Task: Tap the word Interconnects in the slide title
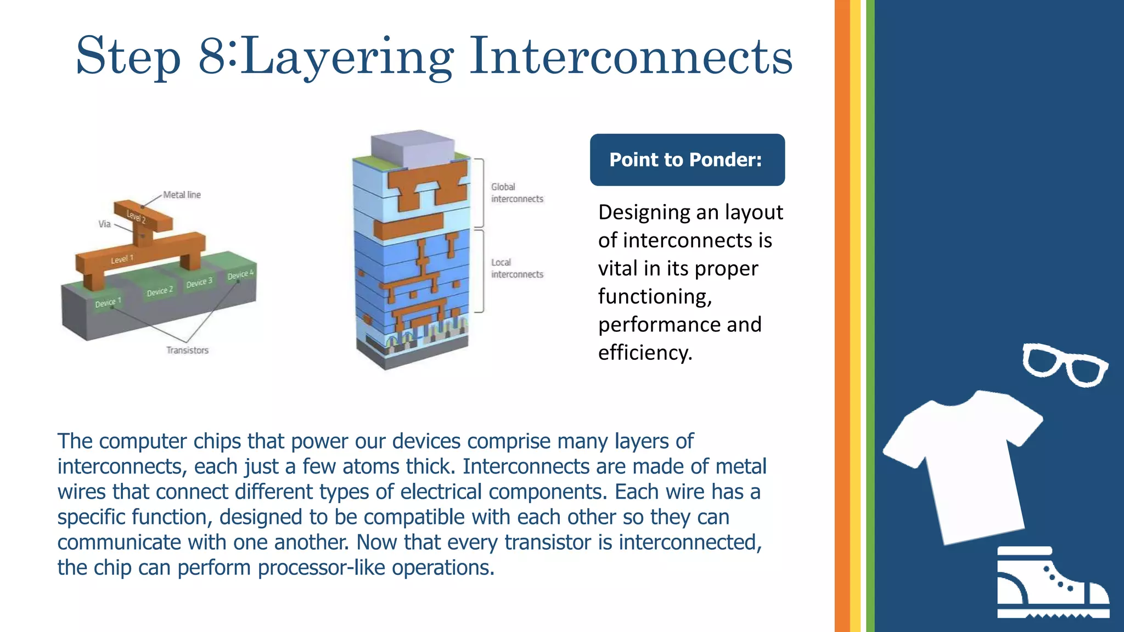point(631,56)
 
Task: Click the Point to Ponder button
point(687,160)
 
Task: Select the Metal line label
point(182,195)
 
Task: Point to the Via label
point(104,224)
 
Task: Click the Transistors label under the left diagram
point(188,350)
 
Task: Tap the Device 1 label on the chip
point(108,302)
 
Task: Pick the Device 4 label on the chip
point(240,274)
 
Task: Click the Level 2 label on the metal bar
point(136,216)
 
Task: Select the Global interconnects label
point(516,193)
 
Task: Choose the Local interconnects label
point(516,268)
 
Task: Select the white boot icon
point(1052,583)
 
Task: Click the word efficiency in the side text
point(644,352)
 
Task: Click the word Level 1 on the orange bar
point(122,259)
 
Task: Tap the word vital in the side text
point(618,268)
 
